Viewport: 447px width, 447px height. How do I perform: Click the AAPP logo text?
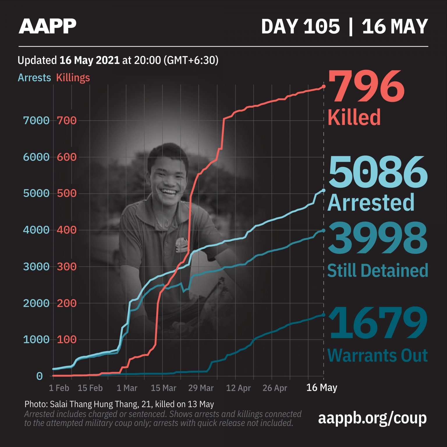(47, 26)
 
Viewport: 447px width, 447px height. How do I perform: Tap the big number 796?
(366, 87)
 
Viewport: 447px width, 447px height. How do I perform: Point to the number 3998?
(377, 238)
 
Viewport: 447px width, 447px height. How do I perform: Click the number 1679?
(377, 323)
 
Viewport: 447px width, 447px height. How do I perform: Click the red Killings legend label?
(73, 78)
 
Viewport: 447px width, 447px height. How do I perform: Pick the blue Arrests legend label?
(34, 78)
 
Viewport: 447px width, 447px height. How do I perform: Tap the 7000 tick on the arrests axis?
(36, 120)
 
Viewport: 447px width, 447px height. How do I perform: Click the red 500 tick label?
(67, 194)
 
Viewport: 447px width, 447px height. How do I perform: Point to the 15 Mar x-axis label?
(164, 388)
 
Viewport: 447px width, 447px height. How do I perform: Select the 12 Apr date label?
(238, 388)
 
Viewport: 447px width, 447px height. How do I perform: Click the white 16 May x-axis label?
(322, 388)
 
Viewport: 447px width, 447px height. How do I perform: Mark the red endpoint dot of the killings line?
(324, 86)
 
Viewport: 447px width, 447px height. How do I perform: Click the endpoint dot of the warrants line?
(324, 315)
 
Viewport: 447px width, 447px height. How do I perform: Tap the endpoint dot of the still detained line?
(324, 230)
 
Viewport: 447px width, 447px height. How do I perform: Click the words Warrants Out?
(377, 355)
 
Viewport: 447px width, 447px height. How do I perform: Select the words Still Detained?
(377, 270)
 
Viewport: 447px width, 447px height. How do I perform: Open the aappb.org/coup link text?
(372, 418)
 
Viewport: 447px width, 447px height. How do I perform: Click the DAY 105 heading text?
(300, 26)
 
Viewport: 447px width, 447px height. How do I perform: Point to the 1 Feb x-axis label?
(59, 388)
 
